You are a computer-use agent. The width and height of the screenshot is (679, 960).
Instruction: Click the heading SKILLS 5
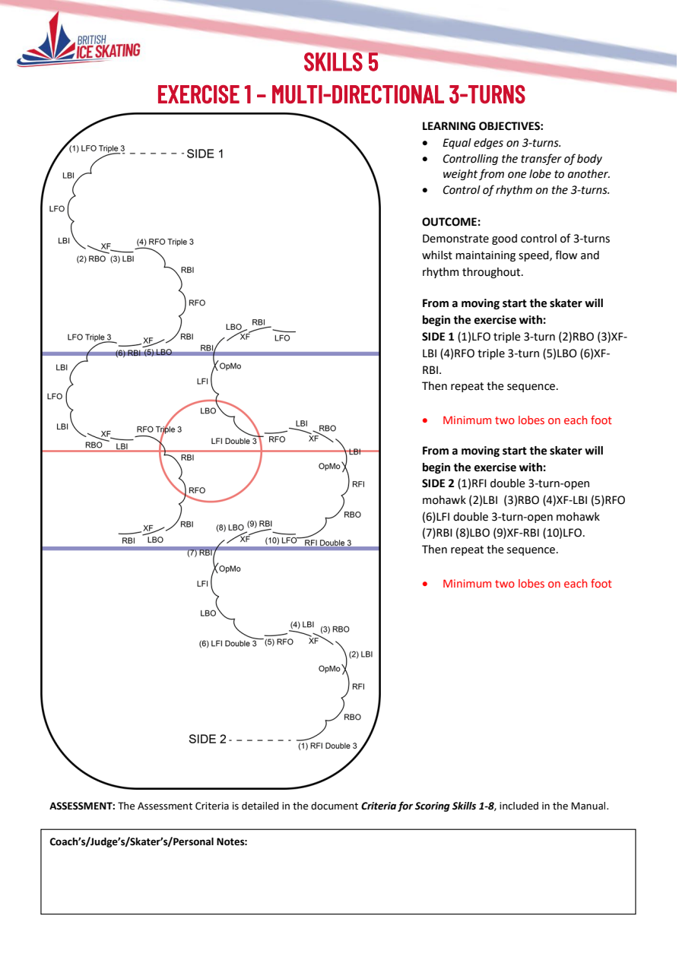tap(341, 62)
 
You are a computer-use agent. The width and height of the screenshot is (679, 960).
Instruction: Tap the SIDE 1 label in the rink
tap(205, 154)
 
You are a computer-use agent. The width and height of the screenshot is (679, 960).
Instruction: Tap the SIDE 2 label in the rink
tap(207, 739)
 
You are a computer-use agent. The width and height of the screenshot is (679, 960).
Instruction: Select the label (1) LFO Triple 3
tap(97, 148)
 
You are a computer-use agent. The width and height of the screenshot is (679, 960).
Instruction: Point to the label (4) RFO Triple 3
tap(165, 242)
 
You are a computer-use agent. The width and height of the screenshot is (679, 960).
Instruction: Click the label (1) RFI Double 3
tap(328, 746)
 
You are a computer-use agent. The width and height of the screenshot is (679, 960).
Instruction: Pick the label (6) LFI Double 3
tap(227, 643)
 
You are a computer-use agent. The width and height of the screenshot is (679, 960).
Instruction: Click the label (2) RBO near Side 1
tap(91, 259)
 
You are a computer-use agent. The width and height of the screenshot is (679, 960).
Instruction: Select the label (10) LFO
tap(281, 540)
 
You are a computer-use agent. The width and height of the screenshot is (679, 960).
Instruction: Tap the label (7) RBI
tap(199, 553)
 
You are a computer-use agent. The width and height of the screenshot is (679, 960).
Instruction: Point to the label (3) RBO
tap(335, 629)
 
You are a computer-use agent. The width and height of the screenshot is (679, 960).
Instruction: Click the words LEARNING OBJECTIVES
tap(482, 126)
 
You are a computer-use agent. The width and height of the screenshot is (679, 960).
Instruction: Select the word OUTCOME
tap(451, 222)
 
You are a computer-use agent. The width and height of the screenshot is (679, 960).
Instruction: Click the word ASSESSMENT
tap(82, 806)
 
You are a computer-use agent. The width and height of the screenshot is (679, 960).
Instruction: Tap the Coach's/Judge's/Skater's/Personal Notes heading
tap(148, 841)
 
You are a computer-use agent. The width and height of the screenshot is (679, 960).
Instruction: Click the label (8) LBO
tap(230, 528)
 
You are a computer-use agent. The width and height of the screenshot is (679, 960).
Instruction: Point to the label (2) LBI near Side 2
tap(360, 654)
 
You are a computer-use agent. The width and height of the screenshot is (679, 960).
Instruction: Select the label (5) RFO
tap(278, 642)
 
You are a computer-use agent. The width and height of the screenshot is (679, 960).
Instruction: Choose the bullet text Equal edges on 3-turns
tap(502, 143)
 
